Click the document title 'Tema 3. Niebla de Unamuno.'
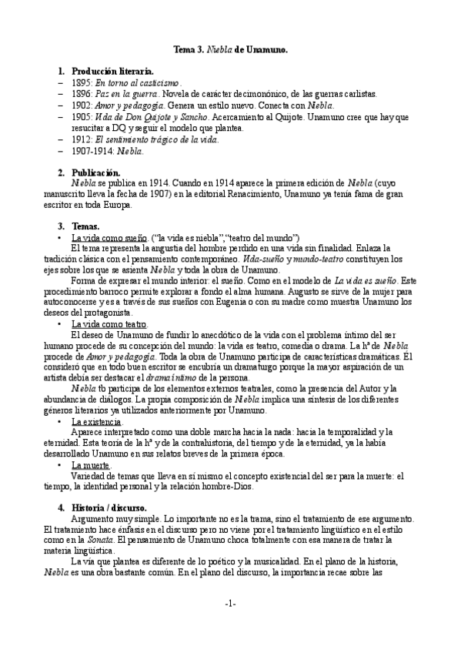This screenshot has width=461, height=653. [x=230, y=49]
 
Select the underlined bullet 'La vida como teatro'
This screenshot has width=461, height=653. [x=109, y=325]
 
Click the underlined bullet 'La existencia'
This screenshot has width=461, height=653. [x=96, y=423]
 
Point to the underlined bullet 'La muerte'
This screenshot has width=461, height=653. [x=91, y=466]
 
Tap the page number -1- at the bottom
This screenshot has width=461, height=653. [x=230, y=603]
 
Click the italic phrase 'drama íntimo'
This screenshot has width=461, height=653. [x=192, y=379]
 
